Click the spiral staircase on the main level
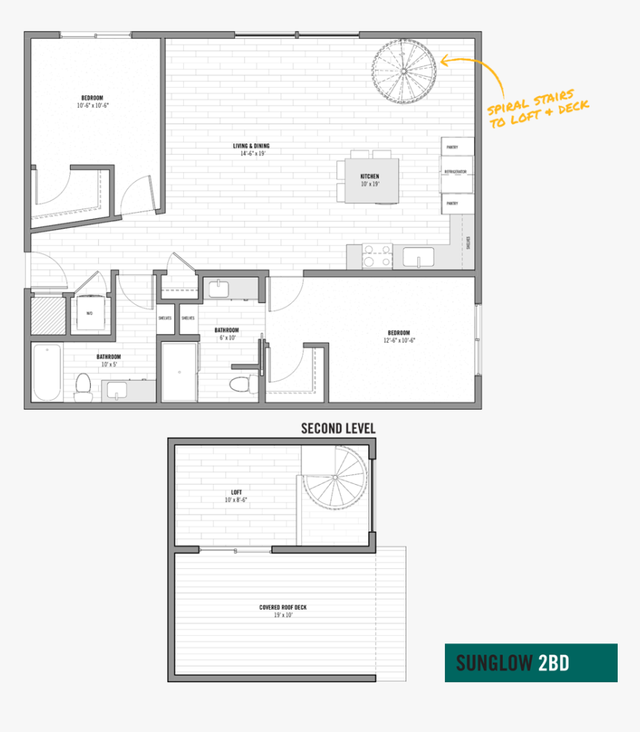[x=405, y=72]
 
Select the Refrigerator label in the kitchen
[x=455, y=172]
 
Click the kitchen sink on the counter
[x=418, y=258]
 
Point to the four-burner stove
[x=377, y=257]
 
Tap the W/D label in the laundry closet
[x=89, y=314]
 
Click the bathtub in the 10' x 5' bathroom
[x=48, y=372]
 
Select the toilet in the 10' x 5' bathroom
[x=83, y=386]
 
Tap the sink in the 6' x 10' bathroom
[x=220, y=288]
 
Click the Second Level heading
[x=338, y=428]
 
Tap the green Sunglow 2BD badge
[x=531, y=663]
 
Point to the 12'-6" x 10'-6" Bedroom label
[x=398, y=336]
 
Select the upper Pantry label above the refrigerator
[x=452, y=147]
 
